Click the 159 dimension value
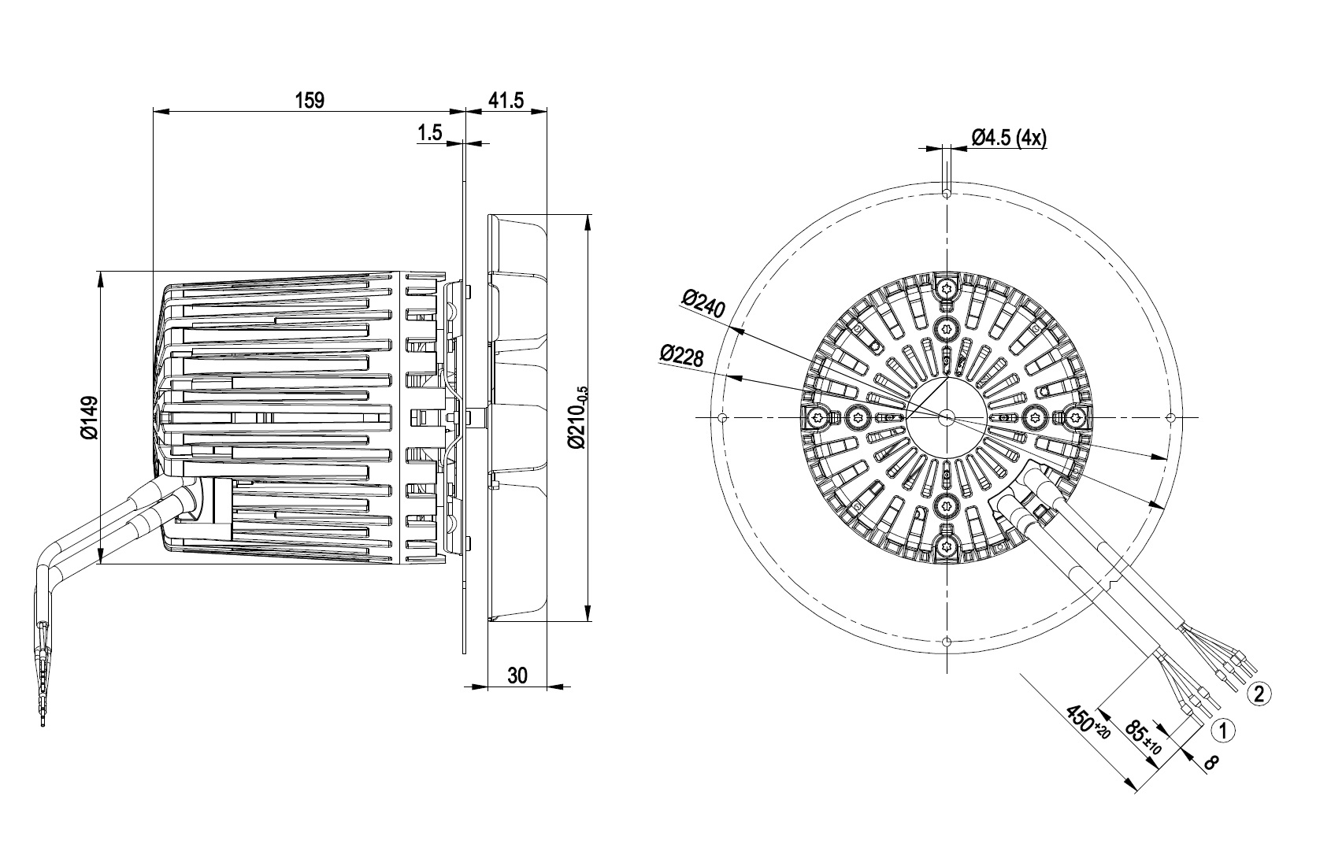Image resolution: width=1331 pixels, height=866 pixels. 310,101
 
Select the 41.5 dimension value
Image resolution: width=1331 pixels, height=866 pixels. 506,101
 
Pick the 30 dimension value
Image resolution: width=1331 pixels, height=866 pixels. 517,675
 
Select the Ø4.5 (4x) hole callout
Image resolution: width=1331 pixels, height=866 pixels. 1009,138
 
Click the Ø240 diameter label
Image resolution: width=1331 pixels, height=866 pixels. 703,304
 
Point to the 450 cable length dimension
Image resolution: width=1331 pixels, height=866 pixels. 1088,722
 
